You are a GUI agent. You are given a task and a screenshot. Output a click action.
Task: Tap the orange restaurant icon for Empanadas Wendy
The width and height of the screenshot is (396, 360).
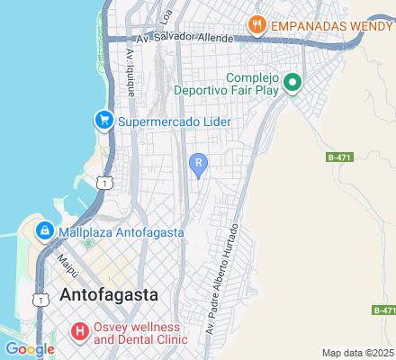pyautogui.click(x=256, y=25)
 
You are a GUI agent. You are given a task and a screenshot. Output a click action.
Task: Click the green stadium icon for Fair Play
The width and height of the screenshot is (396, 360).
pyautogui.click(x=292, y=85)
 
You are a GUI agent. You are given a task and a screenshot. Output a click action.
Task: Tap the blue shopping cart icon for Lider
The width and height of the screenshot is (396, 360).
pyautogui.click(x=105, y=120)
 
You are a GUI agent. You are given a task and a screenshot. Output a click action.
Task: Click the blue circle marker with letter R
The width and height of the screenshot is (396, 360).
pyautogui.click(x=198, y=162)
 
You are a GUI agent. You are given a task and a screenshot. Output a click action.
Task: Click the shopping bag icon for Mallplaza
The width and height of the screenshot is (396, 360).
pyautogui.click(x=43, y=231)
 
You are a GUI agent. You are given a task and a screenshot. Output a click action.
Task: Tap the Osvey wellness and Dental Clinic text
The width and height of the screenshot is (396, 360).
pyautogui.click(x=140, y=333)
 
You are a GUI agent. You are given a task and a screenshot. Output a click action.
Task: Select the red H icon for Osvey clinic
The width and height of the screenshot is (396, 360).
pyautogui.click(x=80, y=332)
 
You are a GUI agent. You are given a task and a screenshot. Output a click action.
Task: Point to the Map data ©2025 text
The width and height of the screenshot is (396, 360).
pyautogui.click(x=358, y=353)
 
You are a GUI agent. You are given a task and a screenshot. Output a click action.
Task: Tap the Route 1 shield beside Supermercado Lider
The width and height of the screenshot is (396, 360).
pyautogui.click(x=106, y=183)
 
